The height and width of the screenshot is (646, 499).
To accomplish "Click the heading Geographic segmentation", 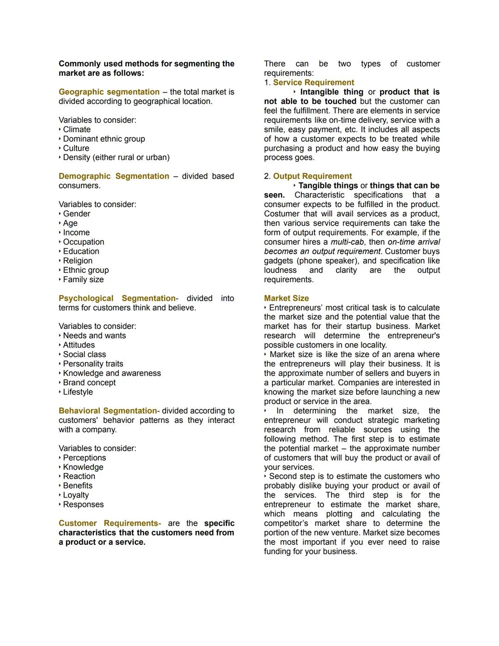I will click(109, 92).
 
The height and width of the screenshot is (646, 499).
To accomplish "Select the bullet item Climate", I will click(77, 129).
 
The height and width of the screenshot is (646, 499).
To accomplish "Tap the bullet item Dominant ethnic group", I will click(104, 139).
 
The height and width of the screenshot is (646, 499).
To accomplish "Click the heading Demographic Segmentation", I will click(114, 176).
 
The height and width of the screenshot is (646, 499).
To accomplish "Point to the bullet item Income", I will click(76, 233).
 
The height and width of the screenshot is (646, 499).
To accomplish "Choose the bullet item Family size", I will click(83, 279).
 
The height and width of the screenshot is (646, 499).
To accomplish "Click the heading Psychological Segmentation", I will click(117, 298).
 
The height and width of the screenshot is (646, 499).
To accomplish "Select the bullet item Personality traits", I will click(93, 364).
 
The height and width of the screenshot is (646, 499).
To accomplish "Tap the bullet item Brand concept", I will click(89, 382).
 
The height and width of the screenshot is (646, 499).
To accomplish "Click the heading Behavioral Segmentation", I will click(108, 411).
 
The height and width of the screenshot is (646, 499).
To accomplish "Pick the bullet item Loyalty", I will click(76, 495).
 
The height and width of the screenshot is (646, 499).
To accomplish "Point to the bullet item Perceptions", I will click(85, 458).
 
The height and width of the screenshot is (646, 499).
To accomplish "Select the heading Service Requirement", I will click(313, 83).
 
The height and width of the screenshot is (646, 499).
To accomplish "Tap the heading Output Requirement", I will click(312, 176).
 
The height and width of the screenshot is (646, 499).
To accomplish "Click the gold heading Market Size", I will click(286, 298).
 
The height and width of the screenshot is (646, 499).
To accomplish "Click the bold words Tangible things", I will click(328, 186).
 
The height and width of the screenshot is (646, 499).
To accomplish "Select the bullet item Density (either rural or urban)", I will click(116, 158).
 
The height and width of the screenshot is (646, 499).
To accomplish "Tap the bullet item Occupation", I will click(84, 242).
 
